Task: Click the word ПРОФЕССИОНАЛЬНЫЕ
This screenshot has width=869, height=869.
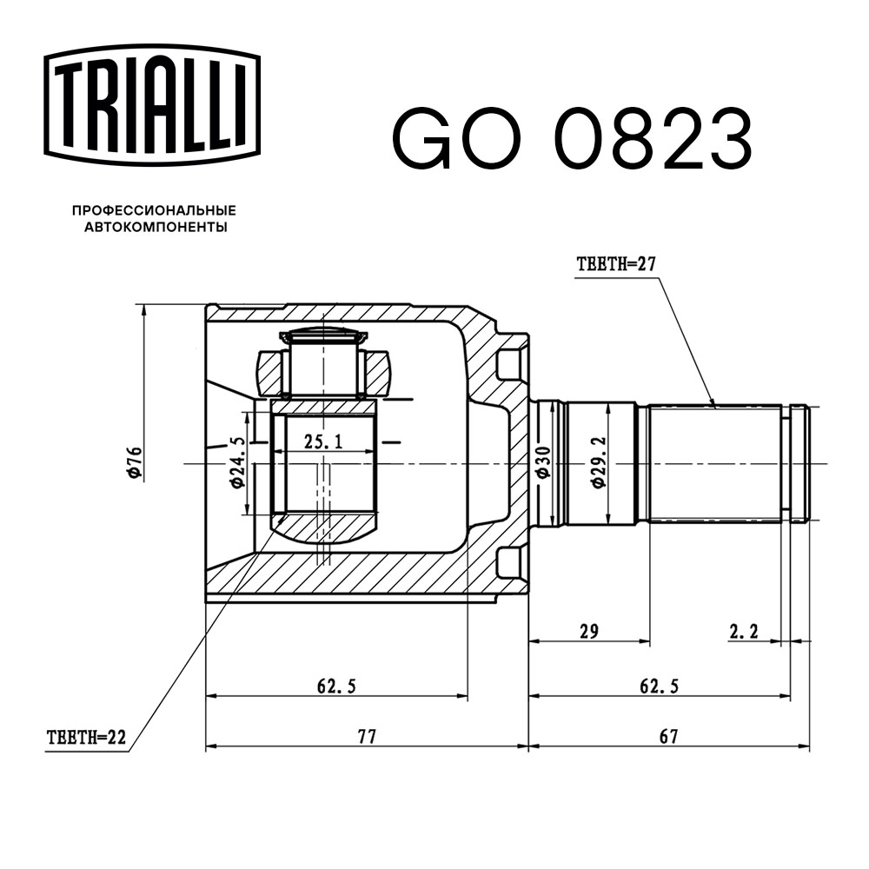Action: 154,211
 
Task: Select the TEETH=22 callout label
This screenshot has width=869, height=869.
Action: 86,739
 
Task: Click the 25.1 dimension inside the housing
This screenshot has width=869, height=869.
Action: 323,442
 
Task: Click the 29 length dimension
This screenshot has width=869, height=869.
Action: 589,632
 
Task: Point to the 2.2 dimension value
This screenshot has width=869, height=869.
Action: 744,632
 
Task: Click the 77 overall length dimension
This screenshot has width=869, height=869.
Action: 367,737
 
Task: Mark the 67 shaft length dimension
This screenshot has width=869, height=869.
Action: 667,737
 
